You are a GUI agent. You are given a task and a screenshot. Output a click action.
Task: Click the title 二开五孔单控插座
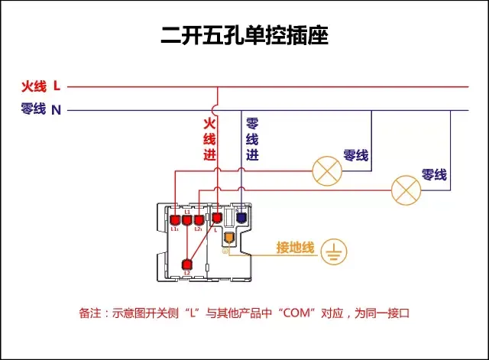[x=244, y=36]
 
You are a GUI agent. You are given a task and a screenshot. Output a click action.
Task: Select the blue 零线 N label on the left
[x=41, y=109]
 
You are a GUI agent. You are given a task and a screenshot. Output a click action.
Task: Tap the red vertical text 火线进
[x=209, y=138]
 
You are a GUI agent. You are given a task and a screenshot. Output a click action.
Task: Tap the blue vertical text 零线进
[x=252, y=138]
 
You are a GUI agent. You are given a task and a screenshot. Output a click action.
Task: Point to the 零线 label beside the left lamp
[x=356, y=155]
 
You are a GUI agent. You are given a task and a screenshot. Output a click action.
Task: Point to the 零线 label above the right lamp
[x=434, y=175]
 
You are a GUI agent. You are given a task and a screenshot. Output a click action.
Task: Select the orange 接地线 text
[x=296, y=248]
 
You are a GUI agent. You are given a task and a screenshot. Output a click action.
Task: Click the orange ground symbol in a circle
[x=334, y=251]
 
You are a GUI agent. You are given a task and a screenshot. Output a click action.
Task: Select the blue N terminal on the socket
[x=241, y=218]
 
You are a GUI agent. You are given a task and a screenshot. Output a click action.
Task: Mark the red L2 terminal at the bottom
[x=187, y=264]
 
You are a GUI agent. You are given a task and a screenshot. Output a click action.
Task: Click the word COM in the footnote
[x=297, y=313]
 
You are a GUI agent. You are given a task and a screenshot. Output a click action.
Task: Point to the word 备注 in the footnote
[x=90, y=313]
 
